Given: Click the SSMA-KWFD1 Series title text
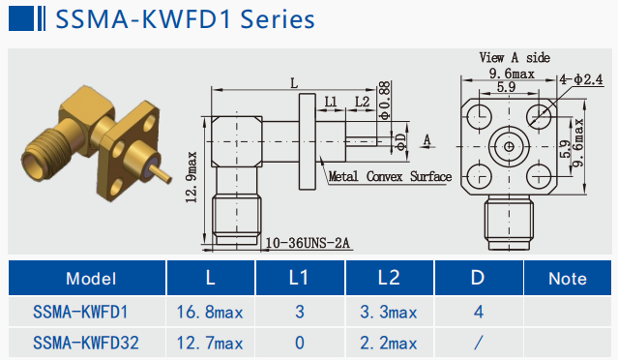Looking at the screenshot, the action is tap(185, 19).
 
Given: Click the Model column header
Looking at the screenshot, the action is tap(91, 279).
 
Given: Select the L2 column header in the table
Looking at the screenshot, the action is tap(389, 278).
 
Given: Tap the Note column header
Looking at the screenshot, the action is tap(568, 279).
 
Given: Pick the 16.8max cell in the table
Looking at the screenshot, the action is tap(210, 313).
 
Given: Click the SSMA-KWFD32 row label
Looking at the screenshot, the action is tap(86, 343).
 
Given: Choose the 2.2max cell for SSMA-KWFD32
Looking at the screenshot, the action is tap(388, 343).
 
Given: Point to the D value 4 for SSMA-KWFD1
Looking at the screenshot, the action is tap(479, 313).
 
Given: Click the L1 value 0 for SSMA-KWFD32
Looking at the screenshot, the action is tap(300, 343).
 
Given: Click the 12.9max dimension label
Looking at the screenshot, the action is tap(191, 177).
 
